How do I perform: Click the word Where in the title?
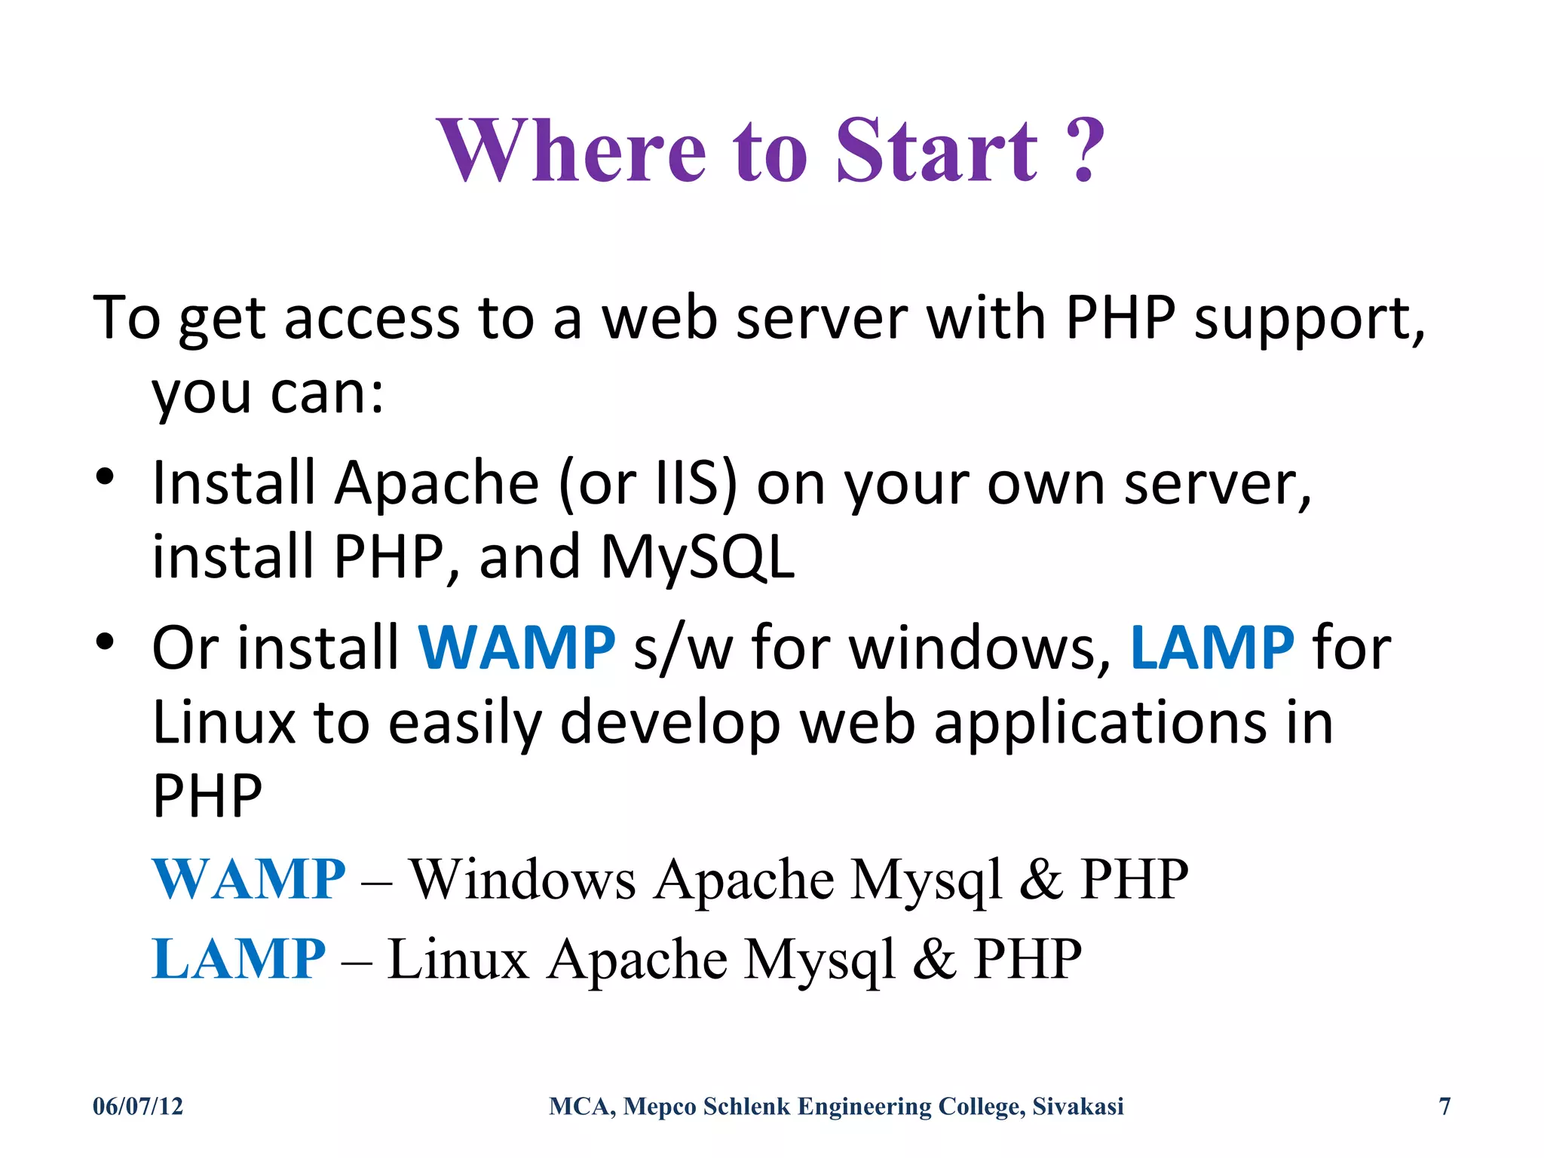coord(571,151)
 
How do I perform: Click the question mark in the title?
coord(1084,151)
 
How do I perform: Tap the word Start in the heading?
coord(937,151)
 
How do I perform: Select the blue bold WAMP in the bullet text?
coord(516,648)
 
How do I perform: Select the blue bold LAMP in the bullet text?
coord(1212,648)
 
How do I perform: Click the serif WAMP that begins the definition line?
coord(249,879)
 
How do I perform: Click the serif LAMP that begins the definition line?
coord(238,959)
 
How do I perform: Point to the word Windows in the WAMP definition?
coord(522,879)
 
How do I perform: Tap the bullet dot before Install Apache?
coord(105,476)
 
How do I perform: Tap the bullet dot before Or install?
coord(105,642)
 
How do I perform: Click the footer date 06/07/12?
coord(138,1106)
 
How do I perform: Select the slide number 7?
coord(1444,1106)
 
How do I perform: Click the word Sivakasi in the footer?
coord(1077,1106)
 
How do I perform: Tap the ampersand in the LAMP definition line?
coord(934,959)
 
